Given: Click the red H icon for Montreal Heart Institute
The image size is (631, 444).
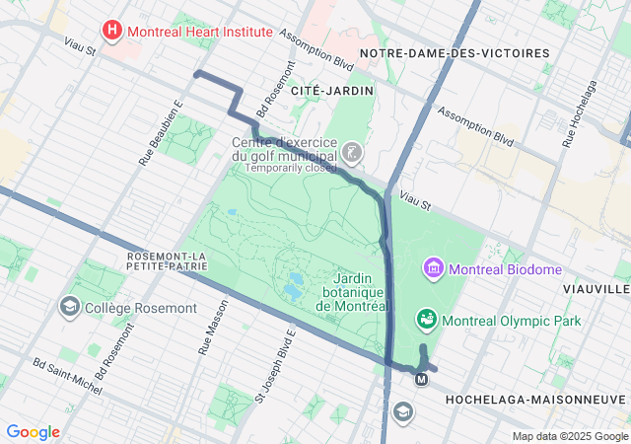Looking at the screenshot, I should tap(112, 31).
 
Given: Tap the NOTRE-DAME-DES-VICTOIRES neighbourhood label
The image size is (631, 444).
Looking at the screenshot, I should tap(455, 52).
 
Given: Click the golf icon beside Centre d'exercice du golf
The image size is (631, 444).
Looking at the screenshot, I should tap(352, 154).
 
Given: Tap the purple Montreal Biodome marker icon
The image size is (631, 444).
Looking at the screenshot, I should tap(432, 268).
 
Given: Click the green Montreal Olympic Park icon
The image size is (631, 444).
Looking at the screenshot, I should tap(426, 320).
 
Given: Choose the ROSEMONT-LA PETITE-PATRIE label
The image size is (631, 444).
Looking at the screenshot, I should tap(167, 260).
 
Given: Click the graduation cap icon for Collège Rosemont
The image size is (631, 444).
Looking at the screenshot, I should tap(70, 308).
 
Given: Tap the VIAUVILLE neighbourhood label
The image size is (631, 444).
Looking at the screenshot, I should tap(597, 289).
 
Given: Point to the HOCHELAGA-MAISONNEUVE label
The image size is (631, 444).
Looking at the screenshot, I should tap(535, 400).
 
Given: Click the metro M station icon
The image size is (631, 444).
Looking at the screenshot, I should tap(422, 379).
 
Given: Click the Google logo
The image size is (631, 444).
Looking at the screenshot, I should tap(33, 432).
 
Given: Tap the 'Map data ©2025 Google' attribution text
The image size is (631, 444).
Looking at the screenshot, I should tap(570, 436).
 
